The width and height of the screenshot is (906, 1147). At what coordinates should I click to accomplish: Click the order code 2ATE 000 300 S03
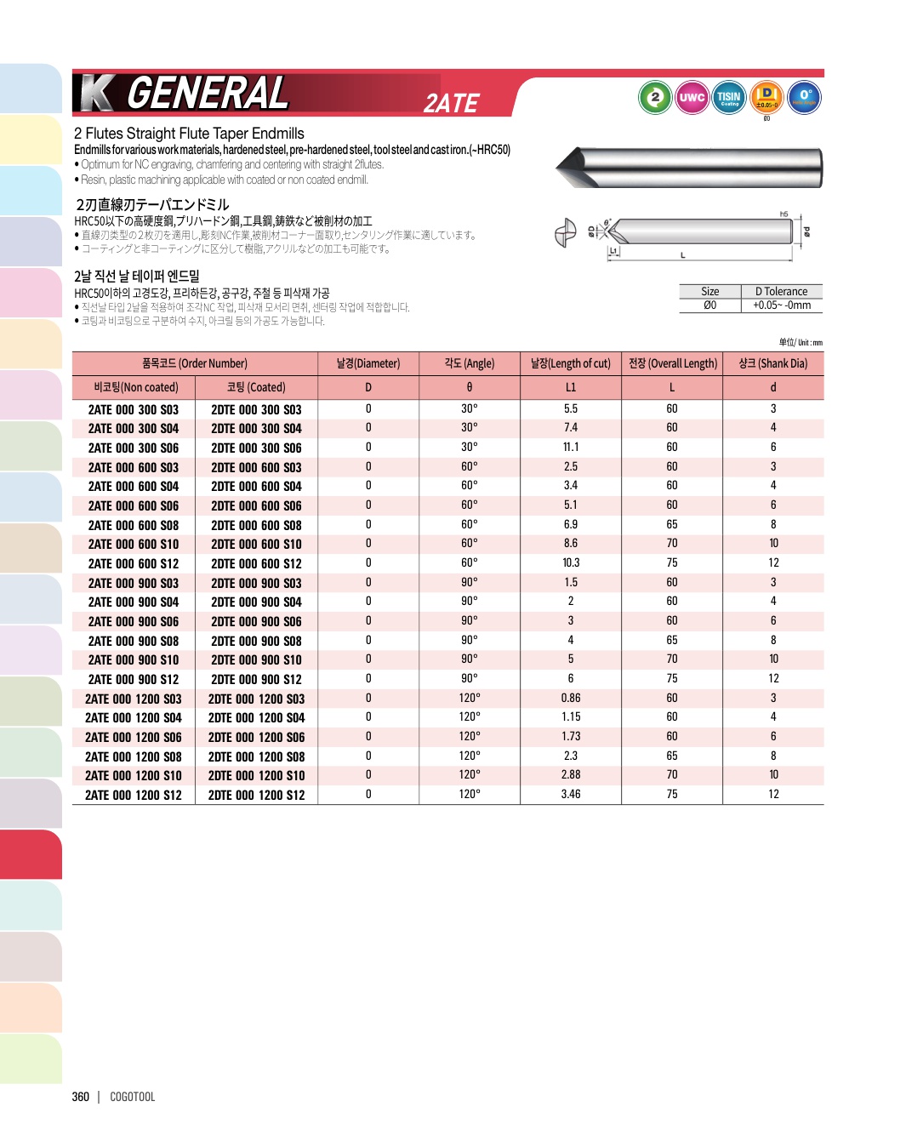point(134,409)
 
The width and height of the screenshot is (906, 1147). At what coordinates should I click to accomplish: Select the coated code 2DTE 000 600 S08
point(256,525)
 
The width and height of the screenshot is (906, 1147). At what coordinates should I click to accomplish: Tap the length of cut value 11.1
point(570,448)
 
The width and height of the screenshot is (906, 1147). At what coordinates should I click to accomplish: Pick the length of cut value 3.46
point(570,794)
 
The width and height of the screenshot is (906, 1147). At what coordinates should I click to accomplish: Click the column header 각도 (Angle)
point(469,363)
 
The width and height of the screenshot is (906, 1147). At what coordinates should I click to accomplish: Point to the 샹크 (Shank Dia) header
point(772,363)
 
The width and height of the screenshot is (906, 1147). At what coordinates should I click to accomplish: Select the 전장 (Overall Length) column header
point(672,363)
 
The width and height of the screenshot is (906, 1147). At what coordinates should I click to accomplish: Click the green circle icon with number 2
point(654,97)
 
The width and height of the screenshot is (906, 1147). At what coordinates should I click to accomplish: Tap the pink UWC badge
point(692,97)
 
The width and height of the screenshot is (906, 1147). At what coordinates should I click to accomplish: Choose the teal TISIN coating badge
point(729,97)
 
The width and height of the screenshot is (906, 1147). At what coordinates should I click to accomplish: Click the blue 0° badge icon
point(804,97)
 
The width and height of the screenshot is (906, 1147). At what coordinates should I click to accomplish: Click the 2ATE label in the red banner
point(452,103)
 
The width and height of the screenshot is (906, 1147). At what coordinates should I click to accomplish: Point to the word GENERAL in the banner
point(208,94)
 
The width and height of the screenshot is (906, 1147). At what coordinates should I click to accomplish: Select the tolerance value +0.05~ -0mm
point(781,305)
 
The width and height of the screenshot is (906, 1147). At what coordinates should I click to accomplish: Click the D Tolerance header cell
point(781,291)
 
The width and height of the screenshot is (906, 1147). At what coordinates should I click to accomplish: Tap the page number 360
point(81,1097)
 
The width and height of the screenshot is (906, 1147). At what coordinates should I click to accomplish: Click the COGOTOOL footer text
point(133,1097)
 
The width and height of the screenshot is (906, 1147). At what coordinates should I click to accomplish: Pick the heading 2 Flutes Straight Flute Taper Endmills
point(189,134)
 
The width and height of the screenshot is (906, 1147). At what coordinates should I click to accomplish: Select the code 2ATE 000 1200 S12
point(134,795)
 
